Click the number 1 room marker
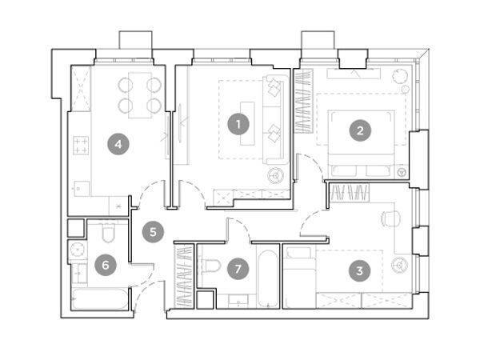click(238, 124)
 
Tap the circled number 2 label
click(360, 130)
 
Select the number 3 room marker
click(360, 270)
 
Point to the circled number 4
click(118, 144)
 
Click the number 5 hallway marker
click(153, 232)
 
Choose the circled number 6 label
click(106, 265)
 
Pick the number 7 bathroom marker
click(238, 269)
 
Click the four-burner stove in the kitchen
click(81, 146)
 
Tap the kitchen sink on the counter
click(82, 189)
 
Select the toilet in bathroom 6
click(108, 233)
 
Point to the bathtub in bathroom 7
click(267, 278)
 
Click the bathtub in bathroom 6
click(100, 298)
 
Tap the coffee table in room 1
click(247, 123)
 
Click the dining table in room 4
click(140, 95)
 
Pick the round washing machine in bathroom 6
click(78, 250)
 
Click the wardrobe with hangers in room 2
click(304, 101)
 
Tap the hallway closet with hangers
click(185, 276)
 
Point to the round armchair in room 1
click(276, 176)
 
